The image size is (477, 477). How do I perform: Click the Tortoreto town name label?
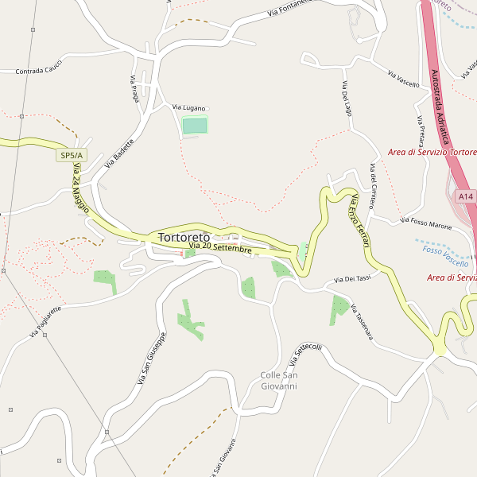(184, 237)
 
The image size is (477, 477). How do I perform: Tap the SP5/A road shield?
(72, 156)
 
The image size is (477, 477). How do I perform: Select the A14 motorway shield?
(465, 196)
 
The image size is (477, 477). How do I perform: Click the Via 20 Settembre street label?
(220, 249)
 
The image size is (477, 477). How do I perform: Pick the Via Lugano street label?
(189, 107)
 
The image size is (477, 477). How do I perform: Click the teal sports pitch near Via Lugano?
(195, 125)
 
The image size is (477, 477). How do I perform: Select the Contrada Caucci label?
(39, 71)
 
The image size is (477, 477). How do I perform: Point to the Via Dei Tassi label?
(353, 279)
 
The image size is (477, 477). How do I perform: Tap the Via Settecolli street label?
(305, 355)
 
